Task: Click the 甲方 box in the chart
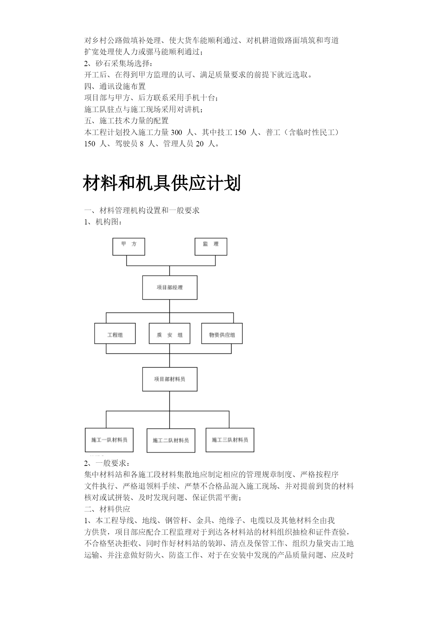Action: click(x=128, y=247)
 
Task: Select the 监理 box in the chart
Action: click(x=211, y=247)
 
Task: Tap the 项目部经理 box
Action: click(x=170, y=288)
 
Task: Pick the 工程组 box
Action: click(x=115, y=333)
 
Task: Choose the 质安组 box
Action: click(x=169, y=333)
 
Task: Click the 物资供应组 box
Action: click(x=222, y=333)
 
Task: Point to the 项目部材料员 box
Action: click(x=170, y=379)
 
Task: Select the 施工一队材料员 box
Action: click(x=109, y=440)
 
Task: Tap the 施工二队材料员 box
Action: click(x=171, y=440)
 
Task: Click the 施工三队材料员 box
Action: click(x=230, y=440)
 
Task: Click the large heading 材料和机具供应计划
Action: click(x=162, y=183)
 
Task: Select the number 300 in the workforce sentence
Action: click(x=176, y=133)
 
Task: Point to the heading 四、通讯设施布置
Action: click(x=115, y=87)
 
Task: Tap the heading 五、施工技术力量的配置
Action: click(x=127, y=121)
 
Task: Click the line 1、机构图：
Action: click(x=104, y=222)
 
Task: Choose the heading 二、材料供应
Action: click(x=107, y=509)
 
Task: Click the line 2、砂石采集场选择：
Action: click(x=119, y=64)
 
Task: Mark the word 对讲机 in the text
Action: click(x=188, y=110)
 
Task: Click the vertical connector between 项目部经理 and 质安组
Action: click(x=170, y=311)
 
